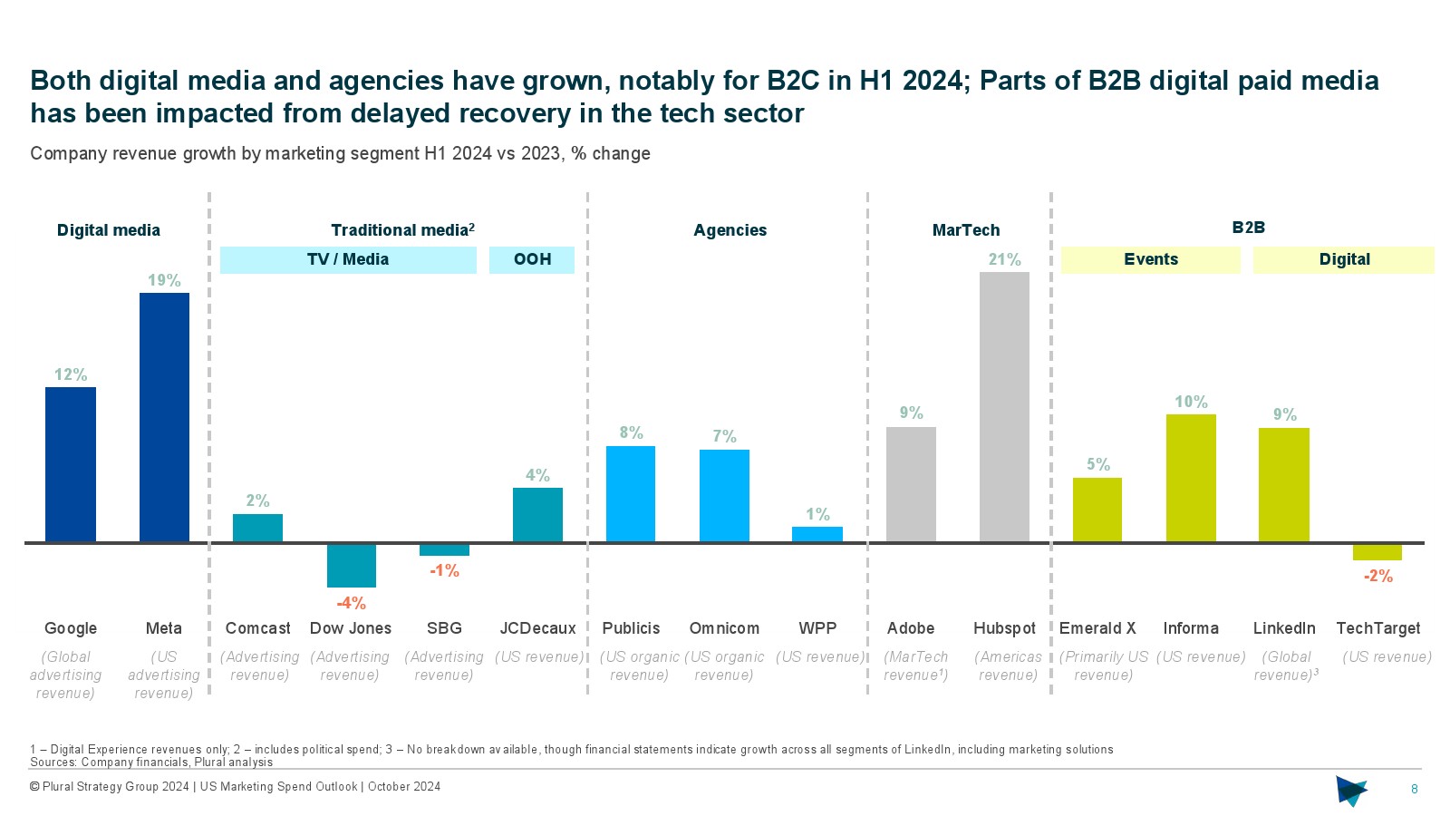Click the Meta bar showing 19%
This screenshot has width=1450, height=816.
click(x=164, y=417)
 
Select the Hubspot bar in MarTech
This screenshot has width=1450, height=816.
click(x=1004, y=407)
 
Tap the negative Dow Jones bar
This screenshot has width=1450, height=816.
click(x=351, y=566)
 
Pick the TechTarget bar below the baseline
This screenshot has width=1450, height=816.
click(x=1377, y=552)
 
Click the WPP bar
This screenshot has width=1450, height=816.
click(x=817, y=534)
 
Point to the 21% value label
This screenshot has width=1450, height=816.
click(x=1004, y=259)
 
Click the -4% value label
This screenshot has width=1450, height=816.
click(x=351, y=603)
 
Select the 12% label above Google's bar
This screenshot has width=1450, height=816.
click(x=71, y=374)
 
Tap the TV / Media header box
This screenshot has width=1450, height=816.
click(x=348, y=259)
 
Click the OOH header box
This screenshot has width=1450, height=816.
click(x=532, y=259)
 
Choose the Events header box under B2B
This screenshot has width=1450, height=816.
click(x=1151, y=259)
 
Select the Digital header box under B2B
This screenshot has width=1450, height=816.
click(x=1344, y=259)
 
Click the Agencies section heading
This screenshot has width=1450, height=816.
click(x=730, y=230)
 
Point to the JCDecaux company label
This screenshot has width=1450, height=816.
click(x=537, y=628)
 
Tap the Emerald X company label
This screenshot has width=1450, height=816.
click(x=1097, y=628)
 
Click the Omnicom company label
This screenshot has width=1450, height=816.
click(x=724, y=628)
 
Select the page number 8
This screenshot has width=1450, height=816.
click(x=1415, y=790)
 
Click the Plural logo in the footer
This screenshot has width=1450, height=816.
click(x=1351, y=791)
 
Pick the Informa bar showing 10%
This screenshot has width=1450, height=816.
click(x=1191, y=478)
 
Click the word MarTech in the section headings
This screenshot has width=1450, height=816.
click(x=966, y=230)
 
